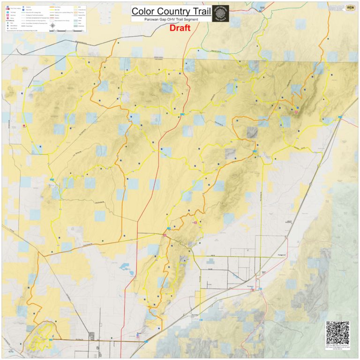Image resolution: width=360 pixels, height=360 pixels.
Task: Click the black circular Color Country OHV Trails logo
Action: click(x=220, y=14)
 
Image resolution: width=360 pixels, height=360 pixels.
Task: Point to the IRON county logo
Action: click(x=350, y=8)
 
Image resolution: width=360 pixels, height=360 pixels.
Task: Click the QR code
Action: click(x=337, y=333)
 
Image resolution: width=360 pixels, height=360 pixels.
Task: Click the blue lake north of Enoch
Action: click(x=126, y=268)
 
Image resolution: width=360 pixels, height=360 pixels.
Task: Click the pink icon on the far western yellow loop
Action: click(x=24, y=126)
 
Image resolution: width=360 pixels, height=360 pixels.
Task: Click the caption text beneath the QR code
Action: click(x=337, y=348)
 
